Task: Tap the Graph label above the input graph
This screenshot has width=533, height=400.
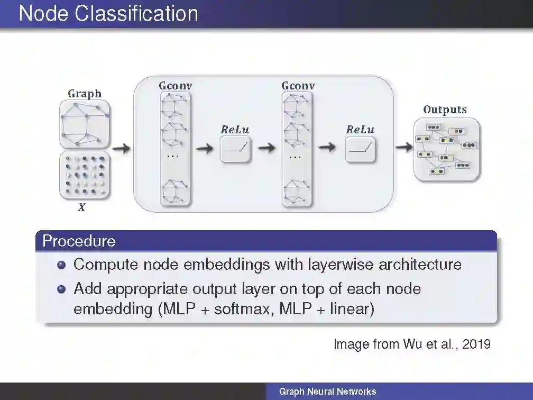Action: point(85,94)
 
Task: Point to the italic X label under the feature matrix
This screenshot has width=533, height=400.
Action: point(81,208)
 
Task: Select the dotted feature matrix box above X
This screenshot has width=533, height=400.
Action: point(85,175)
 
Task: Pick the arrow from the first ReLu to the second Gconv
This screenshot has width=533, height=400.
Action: point(266,149)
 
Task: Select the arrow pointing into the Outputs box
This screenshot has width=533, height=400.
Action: point(404,148)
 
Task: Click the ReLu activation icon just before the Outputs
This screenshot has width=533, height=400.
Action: point(361,149)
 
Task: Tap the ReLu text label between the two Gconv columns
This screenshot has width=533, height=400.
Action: point(235,130)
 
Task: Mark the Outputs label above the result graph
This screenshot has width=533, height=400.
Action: point(445,110)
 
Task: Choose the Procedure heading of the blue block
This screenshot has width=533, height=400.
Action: point(79,241)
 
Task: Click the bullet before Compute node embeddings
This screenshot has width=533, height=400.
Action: point(62,265)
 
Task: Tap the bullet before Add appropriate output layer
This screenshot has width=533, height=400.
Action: point(62,289)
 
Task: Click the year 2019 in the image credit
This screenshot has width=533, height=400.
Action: point(476,344)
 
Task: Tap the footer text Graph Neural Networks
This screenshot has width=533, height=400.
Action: point(328,392)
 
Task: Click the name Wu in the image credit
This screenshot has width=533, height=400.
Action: point(412,344)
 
